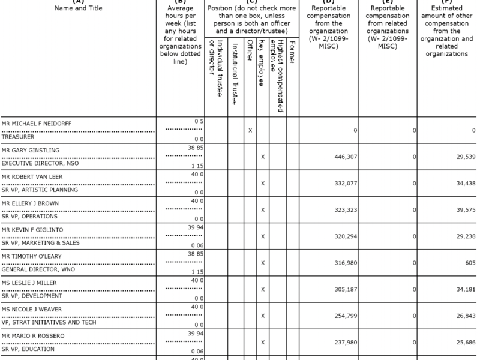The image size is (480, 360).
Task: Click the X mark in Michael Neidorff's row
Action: [250, 130]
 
